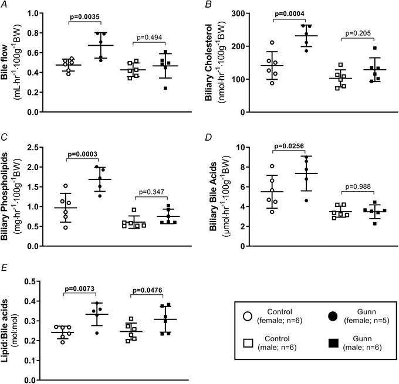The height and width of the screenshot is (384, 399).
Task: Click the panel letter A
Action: click(x=5, y=6)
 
